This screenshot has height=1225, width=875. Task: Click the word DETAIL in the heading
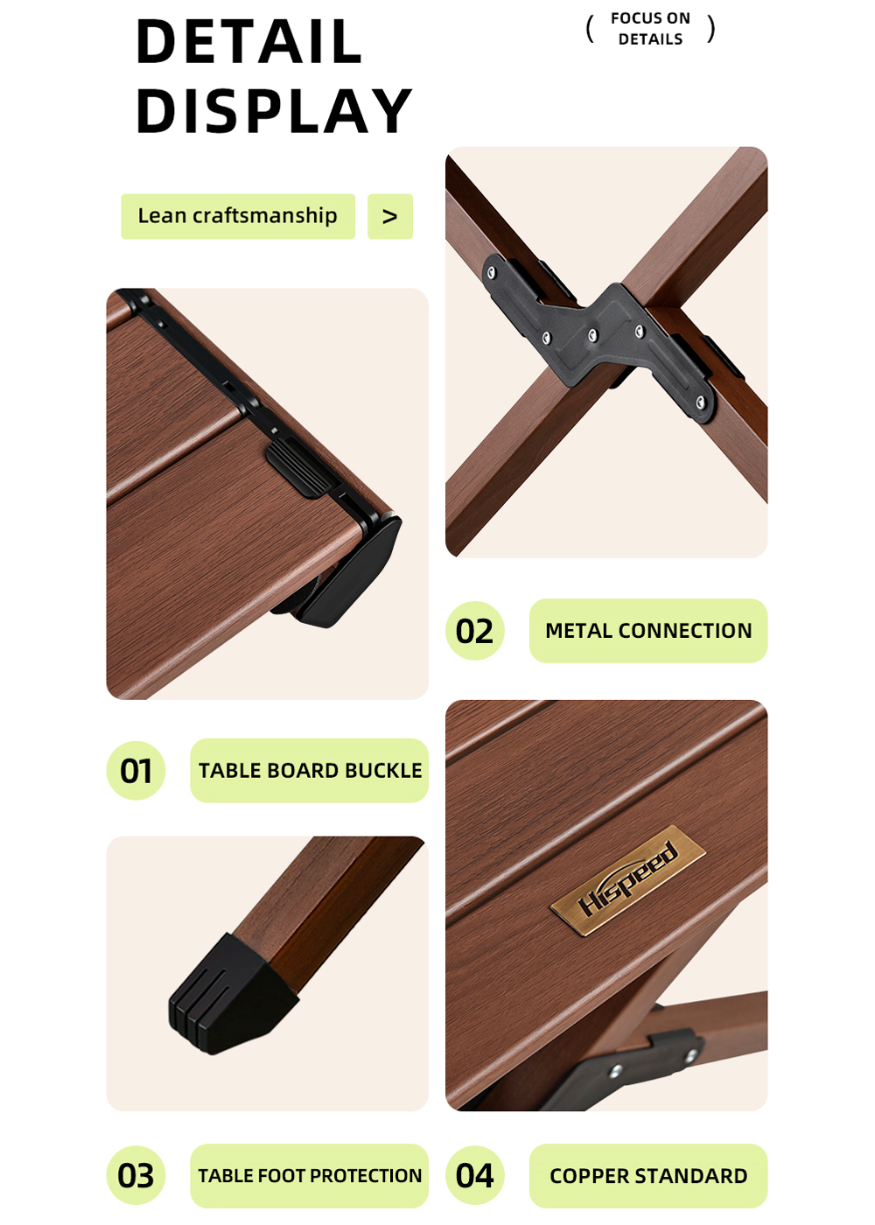[248, 42]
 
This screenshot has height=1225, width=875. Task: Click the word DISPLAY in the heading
[273, 110]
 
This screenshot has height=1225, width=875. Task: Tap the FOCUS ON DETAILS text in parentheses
[650, 28]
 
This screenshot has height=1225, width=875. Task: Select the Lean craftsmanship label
[238, 216]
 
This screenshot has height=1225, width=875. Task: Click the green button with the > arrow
[390, 216]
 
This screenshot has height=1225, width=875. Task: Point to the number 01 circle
[136, 770]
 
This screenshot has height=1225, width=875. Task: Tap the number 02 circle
[474, 631]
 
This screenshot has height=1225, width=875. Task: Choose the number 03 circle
[136, 1175]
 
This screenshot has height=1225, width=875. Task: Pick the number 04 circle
[474, 1175]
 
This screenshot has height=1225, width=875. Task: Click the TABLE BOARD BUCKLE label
[310, 771]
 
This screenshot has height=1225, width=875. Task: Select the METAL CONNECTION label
[648, 631]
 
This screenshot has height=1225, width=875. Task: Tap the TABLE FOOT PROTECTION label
[310, 1176]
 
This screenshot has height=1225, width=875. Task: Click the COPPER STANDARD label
[648, 1176]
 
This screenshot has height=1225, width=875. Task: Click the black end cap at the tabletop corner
[350, 571]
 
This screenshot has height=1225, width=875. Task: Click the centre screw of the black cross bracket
[593, 335]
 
